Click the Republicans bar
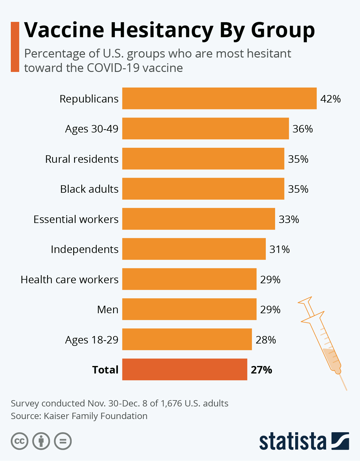pyautogui.click(x=219, y=98)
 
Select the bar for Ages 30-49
pyautogui.click(x=205, y=129)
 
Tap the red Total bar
pyautogui.click(x=184, y=369)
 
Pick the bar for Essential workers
pyautogui.click(x=199, y=219)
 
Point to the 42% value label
pyautogui.click(x=330, y=99)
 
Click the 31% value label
pyautogui.click(x=279, y=249)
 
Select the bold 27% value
pyautogui.click(x=261, y=370)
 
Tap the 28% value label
pyautogui.click(x=265, y=340)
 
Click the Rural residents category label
pyautogui.click(x=82, y=159)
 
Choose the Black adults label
pyautogui.click(x=89, y=189)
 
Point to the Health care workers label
pyautogui.click(x=69, y=279)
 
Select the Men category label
pyautogui.click(x=107, y=309)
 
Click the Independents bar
pyautogui.click(x=194, y=249)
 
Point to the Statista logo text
pyautogui.click(x=292, y=441)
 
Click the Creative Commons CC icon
pyautogui.click(x=19, y=441)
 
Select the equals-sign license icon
pyautogui.click(x=63, y=441)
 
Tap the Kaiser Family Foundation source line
pyautogui.click(x=79, y=416)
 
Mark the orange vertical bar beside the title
pyautogui.click(x=15, y=47)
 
